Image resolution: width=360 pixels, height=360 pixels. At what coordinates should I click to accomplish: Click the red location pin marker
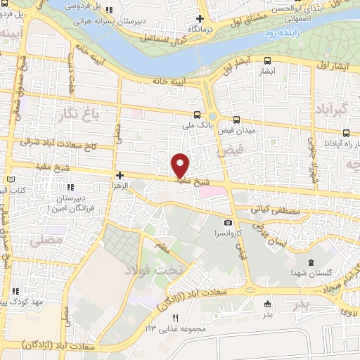[181, 165]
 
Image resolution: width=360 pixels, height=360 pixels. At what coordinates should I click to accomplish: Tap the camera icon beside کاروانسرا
[228, 222]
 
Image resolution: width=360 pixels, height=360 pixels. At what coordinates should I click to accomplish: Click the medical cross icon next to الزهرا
[120, 175]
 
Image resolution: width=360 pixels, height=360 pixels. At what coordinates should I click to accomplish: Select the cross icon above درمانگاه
[200, 18]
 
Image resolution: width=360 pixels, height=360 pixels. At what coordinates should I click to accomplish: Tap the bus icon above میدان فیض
[236, 119]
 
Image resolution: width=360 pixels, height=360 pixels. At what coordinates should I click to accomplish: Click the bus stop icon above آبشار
[266, 61]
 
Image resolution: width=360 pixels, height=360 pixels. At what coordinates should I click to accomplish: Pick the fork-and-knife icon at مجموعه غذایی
[176, 318]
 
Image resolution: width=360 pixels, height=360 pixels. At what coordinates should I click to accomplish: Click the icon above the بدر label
[266, 304]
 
